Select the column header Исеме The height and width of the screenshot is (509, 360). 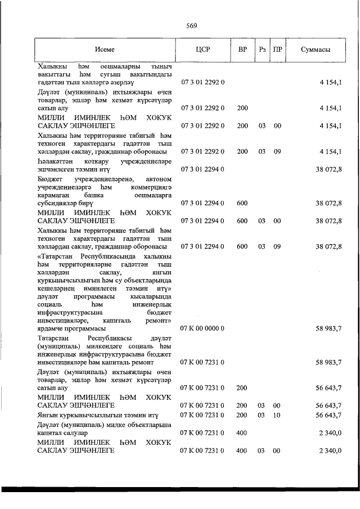point(105,49)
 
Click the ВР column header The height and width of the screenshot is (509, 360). point(242,49)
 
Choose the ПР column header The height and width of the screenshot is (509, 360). point(277,49)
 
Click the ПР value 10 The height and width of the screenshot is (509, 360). point(277,415)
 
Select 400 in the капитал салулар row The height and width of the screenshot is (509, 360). point(242,433)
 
